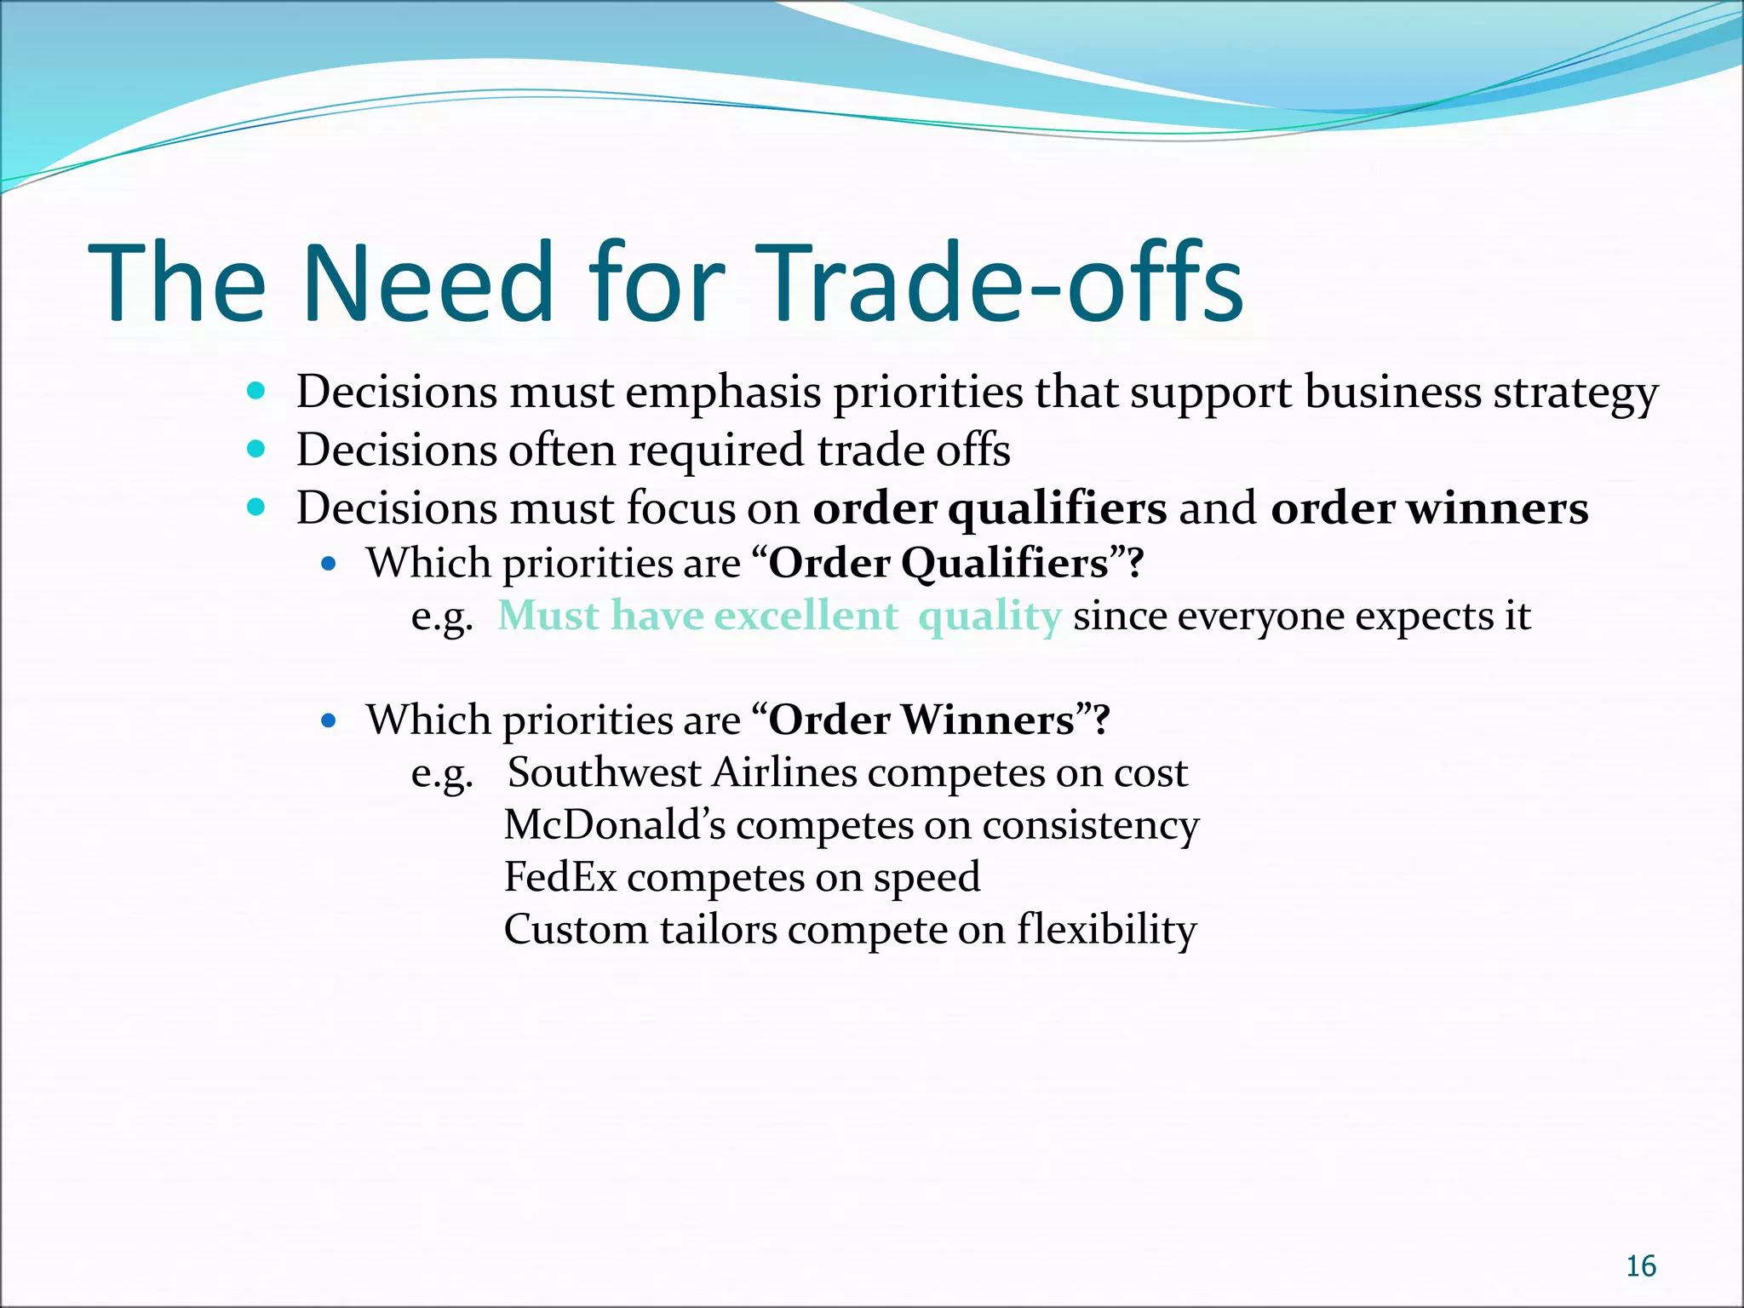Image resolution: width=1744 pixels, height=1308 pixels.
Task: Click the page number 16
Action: pos(1640,1266)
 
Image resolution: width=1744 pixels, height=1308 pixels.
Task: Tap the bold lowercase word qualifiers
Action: pos(1057,509)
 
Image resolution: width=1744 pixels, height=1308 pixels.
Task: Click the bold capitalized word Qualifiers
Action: pos(1005,564)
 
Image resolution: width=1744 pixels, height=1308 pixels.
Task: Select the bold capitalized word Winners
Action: pos(988,720)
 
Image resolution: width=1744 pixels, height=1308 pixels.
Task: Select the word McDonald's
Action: pos(615,825)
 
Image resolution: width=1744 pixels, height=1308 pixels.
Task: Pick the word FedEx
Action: pos(559,877)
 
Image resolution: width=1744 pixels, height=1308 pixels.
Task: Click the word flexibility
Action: pos(1107,929)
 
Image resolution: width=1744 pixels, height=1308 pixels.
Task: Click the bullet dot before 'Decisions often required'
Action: pos(256,449)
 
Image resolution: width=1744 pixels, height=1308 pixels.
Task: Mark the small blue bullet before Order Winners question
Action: pos(330,721)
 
